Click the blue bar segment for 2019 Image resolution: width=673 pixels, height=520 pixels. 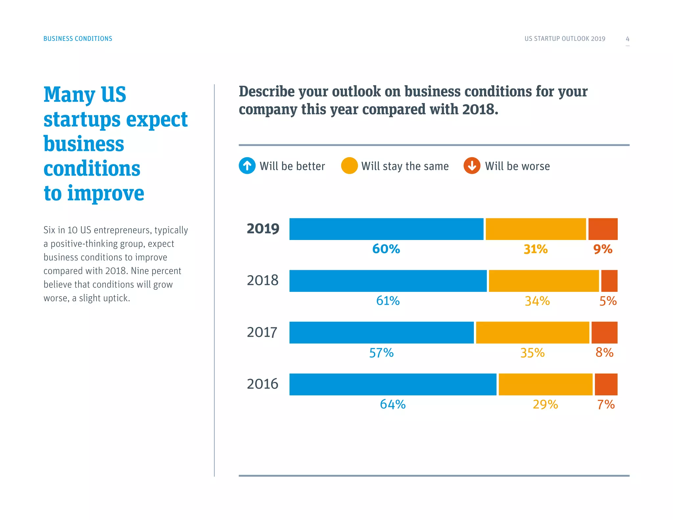coord(386,229)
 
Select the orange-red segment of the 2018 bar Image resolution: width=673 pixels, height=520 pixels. coord(609,281)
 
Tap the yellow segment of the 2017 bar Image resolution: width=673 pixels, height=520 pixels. coord(532,333)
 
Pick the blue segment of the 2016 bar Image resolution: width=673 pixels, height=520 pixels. coord(393,384)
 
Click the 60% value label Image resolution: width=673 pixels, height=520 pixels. coord(386,249)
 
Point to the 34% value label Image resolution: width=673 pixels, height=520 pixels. coord(537,301)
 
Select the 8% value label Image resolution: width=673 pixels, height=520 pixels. coord(604,353)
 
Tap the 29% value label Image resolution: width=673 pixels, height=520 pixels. coord(545,404)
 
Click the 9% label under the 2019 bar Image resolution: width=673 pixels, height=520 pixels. coord(603,249)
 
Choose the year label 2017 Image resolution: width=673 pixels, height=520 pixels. coord(262,332)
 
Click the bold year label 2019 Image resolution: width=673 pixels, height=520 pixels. coord(263,229)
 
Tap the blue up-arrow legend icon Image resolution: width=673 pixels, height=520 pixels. coord(247,166)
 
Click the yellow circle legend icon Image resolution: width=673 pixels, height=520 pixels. coord(349,166)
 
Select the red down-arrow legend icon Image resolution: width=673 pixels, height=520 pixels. coord(472,166)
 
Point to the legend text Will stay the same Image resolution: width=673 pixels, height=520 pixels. coord(405,166)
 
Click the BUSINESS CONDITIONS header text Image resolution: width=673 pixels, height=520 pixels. coord(78,38)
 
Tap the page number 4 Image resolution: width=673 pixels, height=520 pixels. coord(627,39)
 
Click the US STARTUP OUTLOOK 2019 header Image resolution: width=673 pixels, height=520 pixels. coord(565,38)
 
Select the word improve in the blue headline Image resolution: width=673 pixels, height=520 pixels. coord(106,194)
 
